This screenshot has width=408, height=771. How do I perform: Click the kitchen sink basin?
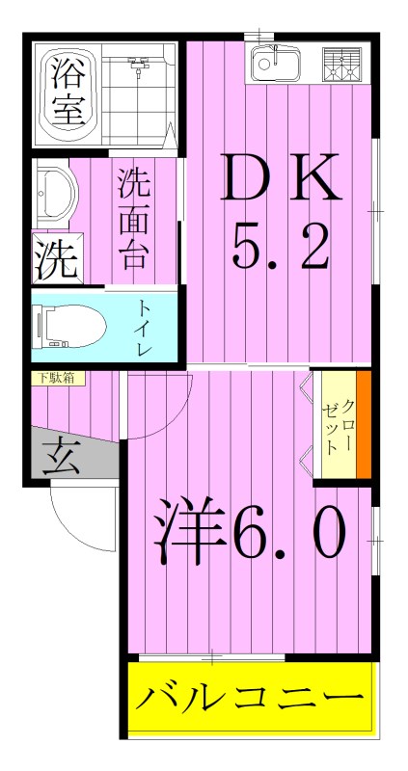pos(275,65)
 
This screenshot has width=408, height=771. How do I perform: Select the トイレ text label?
pos(145,329)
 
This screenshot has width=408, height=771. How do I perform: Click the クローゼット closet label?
pos(335,424)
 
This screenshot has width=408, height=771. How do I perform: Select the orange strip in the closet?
pos(364,424)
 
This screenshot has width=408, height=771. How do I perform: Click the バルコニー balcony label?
pos(249,697)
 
